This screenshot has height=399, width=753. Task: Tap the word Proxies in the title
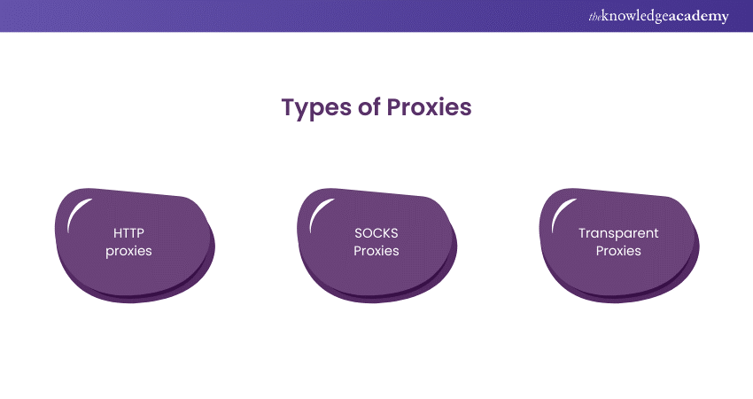tap(429, 107)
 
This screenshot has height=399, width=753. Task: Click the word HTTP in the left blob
tap(128, 233)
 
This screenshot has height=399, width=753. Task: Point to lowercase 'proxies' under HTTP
tap(128, 251)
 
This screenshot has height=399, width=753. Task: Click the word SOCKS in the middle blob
tap(376, 233)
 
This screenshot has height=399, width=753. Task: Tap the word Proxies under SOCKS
tap(376, 251)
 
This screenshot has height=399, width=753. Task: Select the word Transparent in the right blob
tap(618, 233)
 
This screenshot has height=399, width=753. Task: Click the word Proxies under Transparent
tap(618, 251)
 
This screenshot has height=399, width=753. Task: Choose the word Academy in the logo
tap(700, 16)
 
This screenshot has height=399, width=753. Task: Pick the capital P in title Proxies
tap(395, 107)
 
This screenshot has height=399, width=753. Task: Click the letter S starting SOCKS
tap(358, 233)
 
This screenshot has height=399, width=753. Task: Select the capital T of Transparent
tap(582, 233)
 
